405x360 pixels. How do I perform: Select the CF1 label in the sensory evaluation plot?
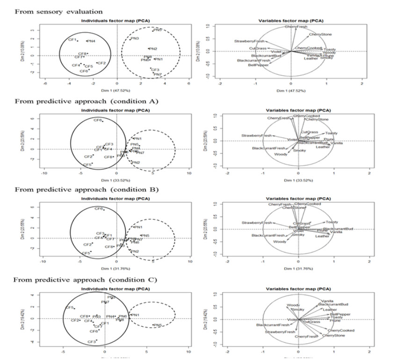click(72, 40)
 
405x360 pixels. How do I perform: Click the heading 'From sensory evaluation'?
click(59, 10)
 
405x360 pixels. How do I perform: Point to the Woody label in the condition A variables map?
click(281, 154)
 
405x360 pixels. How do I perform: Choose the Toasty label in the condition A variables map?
click(331, 133)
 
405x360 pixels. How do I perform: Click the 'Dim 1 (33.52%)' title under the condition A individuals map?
click(117, 180)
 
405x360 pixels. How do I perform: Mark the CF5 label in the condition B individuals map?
click(86, 253)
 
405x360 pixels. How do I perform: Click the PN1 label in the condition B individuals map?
click(137, 227)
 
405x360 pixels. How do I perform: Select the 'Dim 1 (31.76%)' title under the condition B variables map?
click(298, 268)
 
